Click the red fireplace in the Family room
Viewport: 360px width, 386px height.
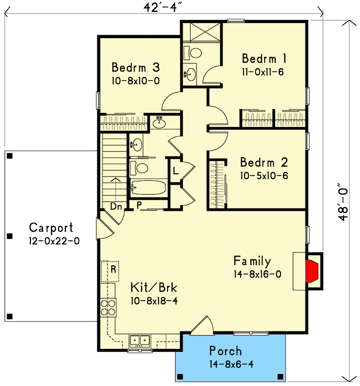coord(312,272)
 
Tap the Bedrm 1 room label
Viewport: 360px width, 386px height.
coord(265,59)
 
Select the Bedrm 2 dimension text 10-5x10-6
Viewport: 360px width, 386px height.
coord(264,176)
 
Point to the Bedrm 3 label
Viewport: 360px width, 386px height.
coord(135,67)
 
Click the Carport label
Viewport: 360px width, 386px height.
coord(51,228)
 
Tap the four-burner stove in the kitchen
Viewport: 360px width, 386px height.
coord(108,307)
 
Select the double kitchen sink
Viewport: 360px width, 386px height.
coord(141,341)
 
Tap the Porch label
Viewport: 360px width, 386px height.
coord(226,351)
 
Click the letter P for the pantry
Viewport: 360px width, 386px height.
coord(139,205)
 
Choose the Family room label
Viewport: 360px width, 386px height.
coord(252,262)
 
